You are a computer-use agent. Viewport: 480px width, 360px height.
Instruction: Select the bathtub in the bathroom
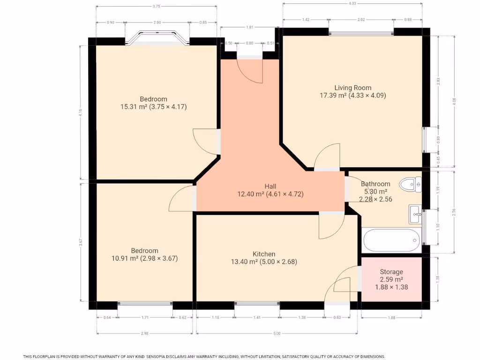pyautogui.click(x=391, y=240)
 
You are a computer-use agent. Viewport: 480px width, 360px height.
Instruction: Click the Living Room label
pyautogui.click(x=352, y=88)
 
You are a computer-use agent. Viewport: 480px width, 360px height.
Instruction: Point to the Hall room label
pyautogui.click(x=270, y=186)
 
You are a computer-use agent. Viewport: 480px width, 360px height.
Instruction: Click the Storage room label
pyautogui.click(x=391, y=272)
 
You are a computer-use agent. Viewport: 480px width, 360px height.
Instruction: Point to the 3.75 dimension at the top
pyautogui.click(x=156, y=7)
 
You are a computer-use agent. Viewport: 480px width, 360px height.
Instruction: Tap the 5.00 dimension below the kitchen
pyautogui.click(x=277, y=333)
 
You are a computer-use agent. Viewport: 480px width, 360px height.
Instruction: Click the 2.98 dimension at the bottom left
pyautogui.click(x=144, y=333)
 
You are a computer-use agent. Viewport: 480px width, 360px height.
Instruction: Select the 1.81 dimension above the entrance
pyautogui.click(x=250, y=27)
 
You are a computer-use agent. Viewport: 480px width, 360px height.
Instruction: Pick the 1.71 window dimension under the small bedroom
pyautogui.click(x=145, y=318)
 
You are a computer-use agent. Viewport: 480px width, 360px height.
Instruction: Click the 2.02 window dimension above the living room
pyautogui.click(x=361, y=20)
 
